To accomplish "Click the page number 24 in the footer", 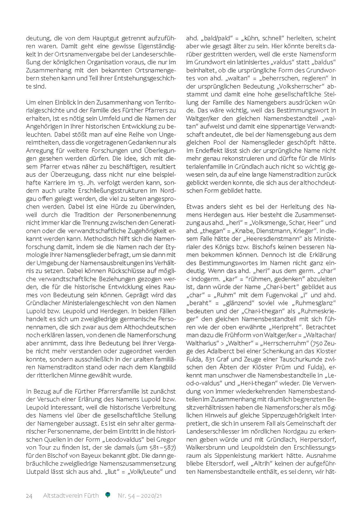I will point(29,496).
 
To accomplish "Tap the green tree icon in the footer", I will point(108,495).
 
